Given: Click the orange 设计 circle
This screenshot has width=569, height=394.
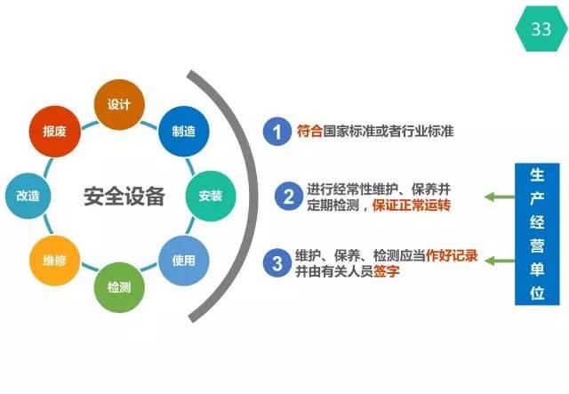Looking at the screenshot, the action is pyautogui.click(x=119, y=105).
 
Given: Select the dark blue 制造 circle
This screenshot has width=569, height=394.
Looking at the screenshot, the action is pyautogui.click(x=184, y=131).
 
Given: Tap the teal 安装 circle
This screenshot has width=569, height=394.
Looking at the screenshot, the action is pyautogui.click(x=211, y=196).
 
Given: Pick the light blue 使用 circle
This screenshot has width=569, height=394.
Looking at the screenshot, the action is pyautogui.click(x=184, y=261).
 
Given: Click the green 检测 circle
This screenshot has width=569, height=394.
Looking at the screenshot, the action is pyautogui.click(x=119, y=287).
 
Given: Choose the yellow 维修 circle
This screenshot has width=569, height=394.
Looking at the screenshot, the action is pyautogui.click(x=55, y=261).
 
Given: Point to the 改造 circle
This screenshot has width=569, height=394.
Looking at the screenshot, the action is pyautogui.click(x=28, y=196).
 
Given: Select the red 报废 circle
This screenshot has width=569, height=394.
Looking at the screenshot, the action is pyautogui.click(x=55, y=131).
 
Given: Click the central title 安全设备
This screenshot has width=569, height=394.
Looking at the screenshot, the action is pyautogui.click(x=124, y=197).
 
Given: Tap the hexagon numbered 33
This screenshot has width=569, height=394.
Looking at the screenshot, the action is pyautogui.click(x=541, y=28).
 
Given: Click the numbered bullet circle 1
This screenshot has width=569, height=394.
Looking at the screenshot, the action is pyautogui.click(x=277, y=132).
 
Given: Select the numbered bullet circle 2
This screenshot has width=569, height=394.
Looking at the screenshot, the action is pyautogui.click(x=289, y=197).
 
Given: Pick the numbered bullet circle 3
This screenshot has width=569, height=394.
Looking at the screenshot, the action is pyautogui.click(x=277, y=263).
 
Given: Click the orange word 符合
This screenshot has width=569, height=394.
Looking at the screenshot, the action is pyautogui.click(x=310, y=131).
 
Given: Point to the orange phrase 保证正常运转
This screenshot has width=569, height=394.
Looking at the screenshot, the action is pyautogui.click(x=412, y=205).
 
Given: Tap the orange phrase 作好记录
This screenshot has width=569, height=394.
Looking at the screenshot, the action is pyautogui.click(x=452, y=255).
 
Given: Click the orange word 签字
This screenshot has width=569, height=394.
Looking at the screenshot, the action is pyautogui.click(x=387, y=271).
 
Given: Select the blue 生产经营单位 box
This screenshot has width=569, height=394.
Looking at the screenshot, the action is pyautogui.click(x=537, y=234).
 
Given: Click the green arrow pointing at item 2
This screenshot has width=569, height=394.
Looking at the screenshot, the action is pyautogui.click(x=500, y=197).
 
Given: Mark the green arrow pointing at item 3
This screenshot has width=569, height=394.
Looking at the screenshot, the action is pyautogui.click(x=500, y=261).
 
